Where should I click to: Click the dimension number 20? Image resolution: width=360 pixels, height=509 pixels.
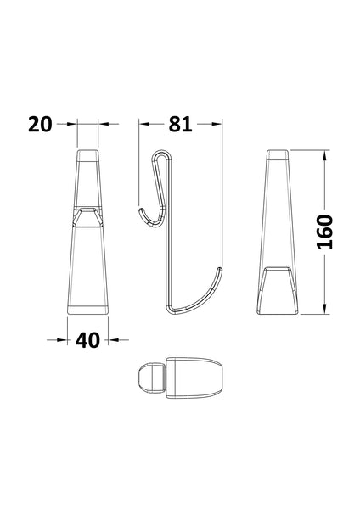38,124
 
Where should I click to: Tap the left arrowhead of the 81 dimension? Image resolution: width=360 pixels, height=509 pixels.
143,124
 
